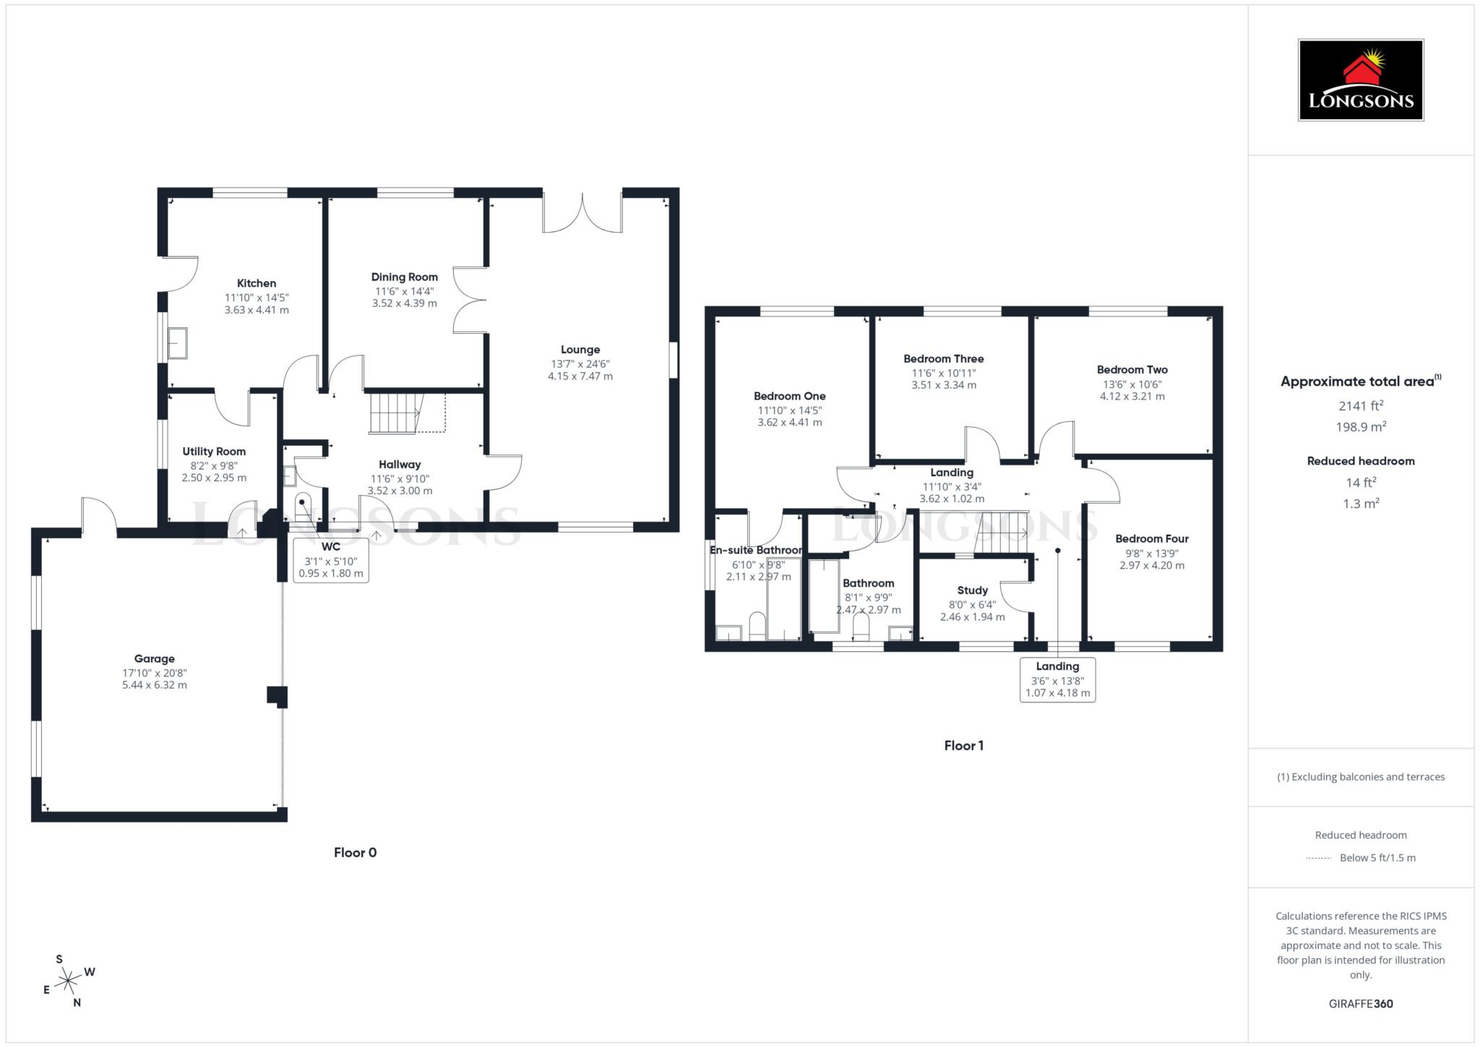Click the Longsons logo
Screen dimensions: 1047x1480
click(x=1360, y=79)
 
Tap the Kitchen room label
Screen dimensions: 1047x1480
click(x=257, y=283)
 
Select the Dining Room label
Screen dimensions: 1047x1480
click(x=404, y=277)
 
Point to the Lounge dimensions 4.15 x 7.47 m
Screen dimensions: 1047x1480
click(x=580, y=376)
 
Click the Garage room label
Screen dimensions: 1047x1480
click(x=154, y=658)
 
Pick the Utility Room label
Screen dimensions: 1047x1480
click(x=214, y=452)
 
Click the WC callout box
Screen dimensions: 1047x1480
click(x=331, y=561)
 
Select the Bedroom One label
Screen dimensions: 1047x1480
click(x=789, y=396)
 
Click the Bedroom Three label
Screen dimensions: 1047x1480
click(x=943, y=359)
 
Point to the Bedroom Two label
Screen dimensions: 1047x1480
click(x=1132, y=370)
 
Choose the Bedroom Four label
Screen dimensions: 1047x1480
click(x=1151, y=538)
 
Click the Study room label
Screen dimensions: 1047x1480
click(x=972, y=590)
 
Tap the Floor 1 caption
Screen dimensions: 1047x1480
click(x=963, y=746)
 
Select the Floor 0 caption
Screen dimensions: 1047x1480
click(x=355, y=853)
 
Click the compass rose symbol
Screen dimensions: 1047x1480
click(x=68, y=981)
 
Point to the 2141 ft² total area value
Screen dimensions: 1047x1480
click(x=1360, y=406)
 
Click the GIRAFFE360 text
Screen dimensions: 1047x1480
click(x=1360, y=1004)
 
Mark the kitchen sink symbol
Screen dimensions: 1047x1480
click(x=177, y=342)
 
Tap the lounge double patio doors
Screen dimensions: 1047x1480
click(x=582, y=212)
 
